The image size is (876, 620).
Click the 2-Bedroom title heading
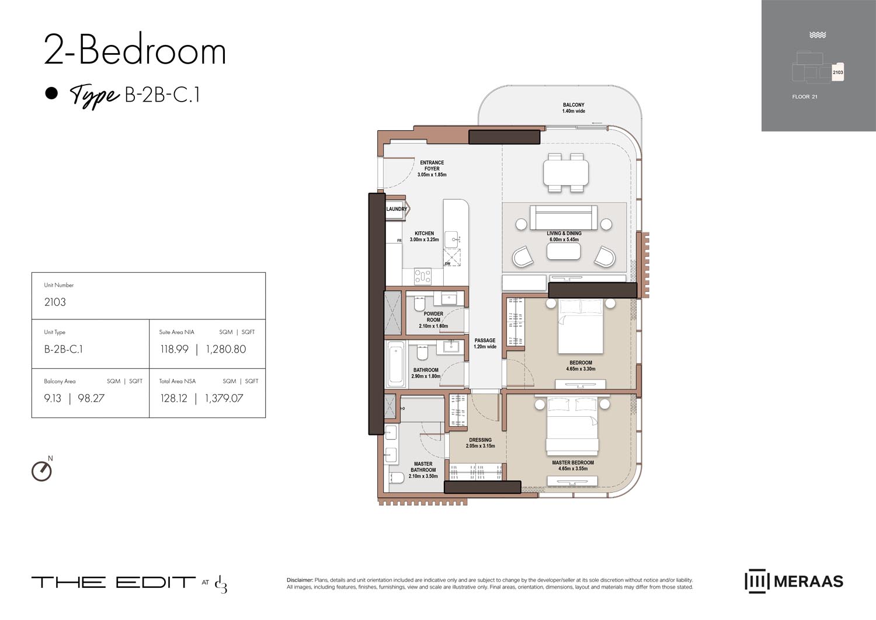coord(135,50)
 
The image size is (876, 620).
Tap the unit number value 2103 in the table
coord(55,302)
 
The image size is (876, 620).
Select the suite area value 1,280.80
coord(225,349)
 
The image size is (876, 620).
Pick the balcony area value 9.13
coord(53,398)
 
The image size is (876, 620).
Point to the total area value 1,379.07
coord(224,398)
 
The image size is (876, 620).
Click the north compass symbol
coord(41,471)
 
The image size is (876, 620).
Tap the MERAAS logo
coord(794,581)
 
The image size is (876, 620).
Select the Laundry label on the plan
coord(397,209)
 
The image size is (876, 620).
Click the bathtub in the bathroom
coord(395,364)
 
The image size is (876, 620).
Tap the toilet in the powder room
coord(419,304)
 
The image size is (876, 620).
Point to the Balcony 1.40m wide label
coord(573,108)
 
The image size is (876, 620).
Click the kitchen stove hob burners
coord(422,276)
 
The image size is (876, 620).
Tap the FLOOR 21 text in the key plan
coord(804,97)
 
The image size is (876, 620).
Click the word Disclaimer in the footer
coord(300,580)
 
